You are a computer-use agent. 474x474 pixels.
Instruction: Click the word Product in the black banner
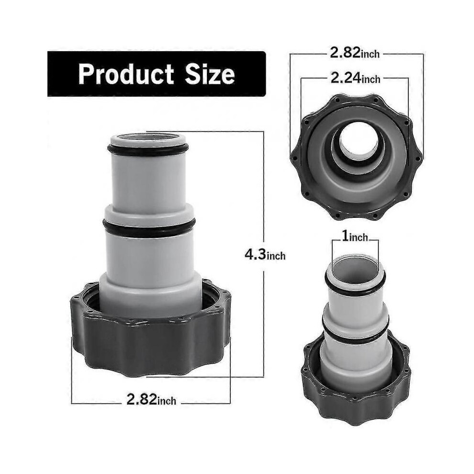(126, 74)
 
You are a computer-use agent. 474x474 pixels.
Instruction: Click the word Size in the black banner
(210, 74)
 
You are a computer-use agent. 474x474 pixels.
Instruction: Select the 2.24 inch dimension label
(355, 79)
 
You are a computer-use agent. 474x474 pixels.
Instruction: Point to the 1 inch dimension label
(355, 237)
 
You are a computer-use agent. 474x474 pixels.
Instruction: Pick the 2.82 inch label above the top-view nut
(355, 53)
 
